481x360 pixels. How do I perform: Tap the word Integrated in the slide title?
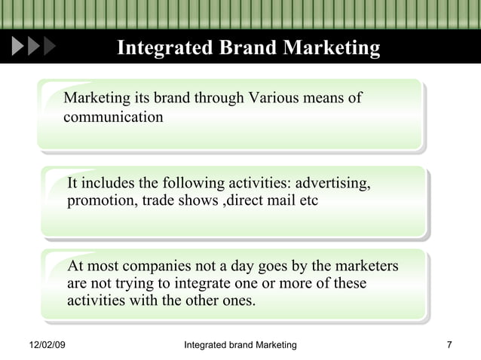pos(165,49)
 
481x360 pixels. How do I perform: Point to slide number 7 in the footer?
pos(449,345)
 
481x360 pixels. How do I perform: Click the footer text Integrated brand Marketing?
pos(240,345)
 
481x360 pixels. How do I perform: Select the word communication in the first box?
pos(113,117)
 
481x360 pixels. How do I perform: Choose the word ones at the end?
pos(238,301)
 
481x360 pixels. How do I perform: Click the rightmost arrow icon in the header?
pos(50,47)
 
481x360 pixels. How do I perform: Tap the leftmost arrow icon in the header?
pos(18,47)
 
